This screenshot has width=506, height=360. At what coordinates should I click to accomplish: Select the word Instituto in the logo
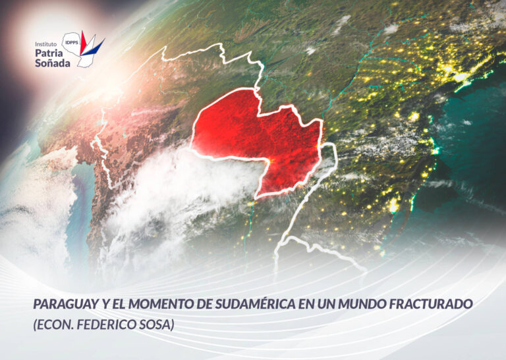point(46,44)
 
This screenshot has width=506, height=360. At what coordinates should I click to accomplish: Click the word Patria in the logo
point(49,53)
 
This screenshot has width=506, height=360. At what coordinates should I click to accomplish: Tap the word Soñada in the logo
point(53,63)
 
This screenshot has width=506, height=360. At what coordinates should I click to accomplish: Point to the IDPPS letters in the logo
point(72,42)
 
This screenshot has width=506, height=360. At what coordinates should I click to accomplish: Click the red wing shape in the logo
point(83,43)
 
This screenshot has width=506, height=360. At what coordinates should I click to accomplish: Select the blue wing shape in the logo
point(96,47)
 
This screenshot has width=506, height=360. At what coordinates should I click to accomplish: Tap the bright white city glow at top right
point(461,77)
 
